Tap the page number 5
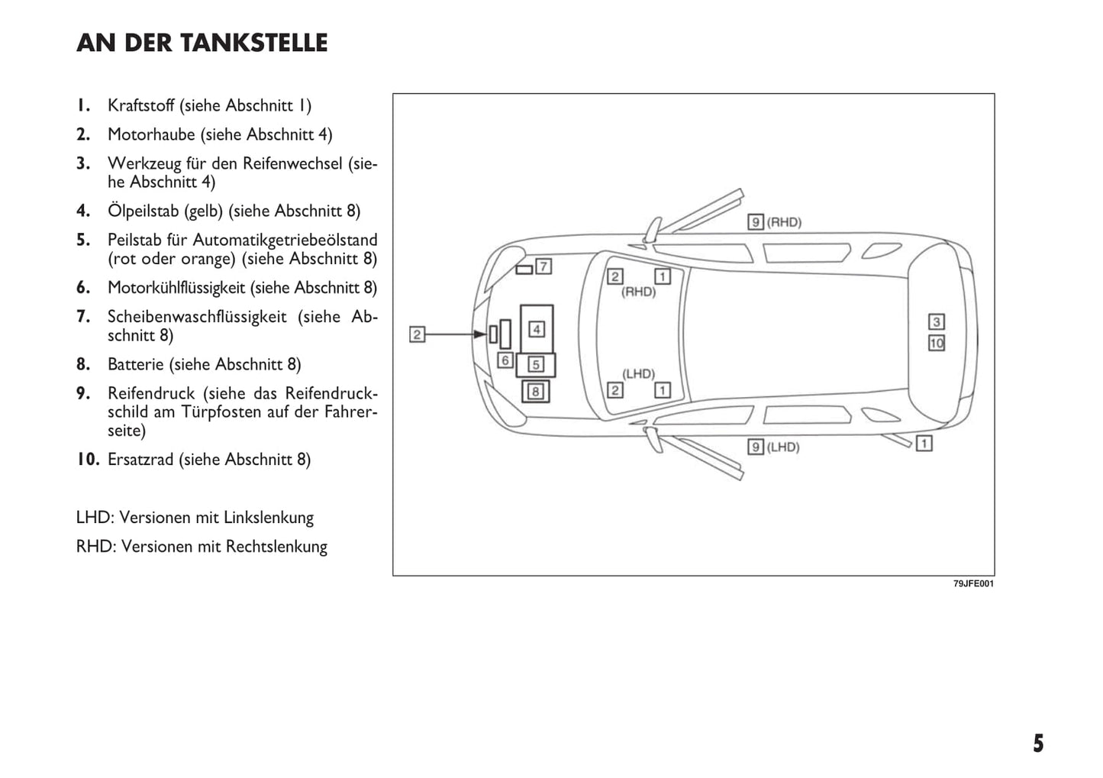(x=1038, y=744)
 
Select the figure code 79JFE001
(x=973, y=584)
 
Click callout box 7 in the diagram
(x=543, y=266)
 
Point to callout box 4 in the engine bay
(x=537, y=329)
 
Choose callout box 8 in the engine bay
(x=536, y=392)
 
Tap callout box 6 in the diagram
(x=505, y=360)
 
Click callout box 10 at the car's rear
(x=937, y=343)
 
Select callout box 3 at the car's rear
(x=937, y=321)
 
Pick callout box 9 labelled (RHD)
(x=755, y=222)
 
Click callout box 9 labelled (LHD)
(x=755, y=447)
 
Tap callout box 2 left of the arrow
(x=417, y=334)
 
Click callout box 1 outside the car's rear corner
(x=924, y=443)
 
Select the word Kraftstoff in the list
(x=141, y=105)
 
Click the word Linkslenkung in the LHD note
(x=269, y=518)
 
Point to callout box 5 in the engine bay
(x=536, y=365)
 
